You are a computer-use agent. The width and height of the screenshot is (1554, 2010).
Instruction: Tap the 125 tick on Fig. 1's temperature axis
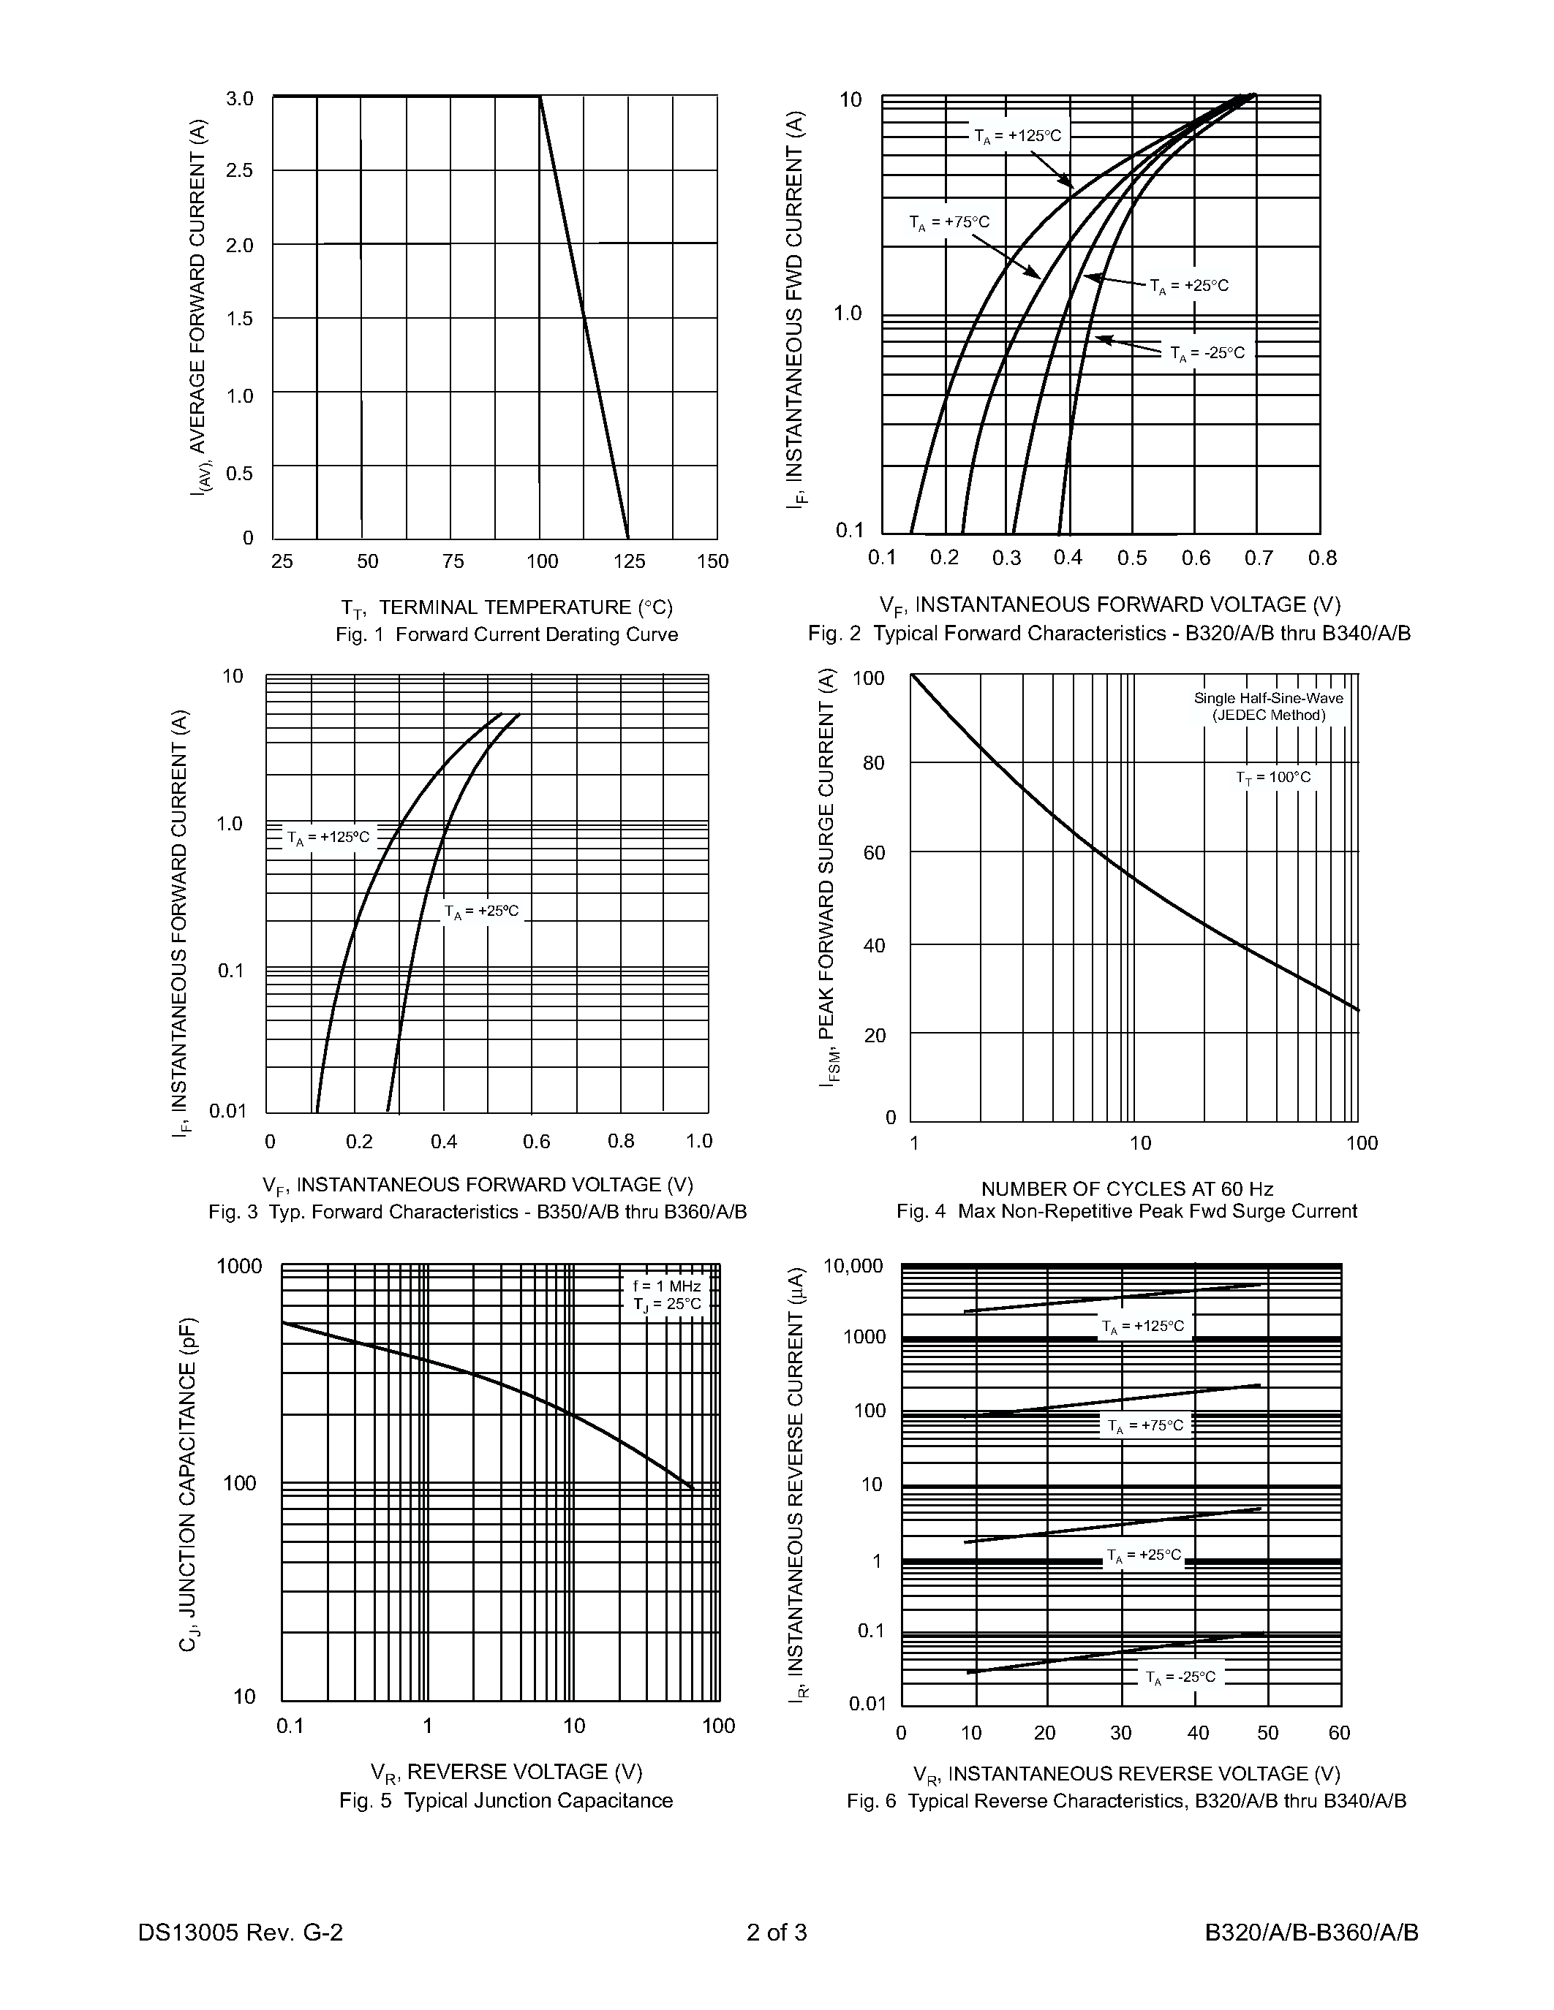629,561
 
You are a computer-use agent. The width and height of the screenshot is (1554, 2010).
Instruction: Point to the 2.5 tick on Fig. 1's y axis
239,171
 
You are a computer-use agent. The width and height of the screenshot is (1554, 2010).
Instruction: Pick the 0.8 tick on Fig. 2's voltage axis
1322,558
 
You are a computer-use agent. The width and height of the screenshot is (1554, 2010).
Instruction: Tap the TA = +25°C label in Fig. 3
481,911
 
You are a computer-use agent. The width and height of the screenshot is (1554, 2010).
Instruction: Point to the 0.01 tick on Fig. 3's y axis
228,1111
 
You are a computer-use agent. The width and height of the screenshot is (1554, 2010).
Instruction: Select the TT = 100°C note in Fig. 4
1273,778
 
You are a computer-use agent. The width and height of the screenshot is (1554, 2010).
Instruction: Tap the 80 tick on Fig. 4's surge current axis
872,763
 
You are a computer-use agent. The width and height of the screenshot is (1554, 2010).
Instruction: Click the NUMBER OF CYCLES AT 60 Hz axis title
1127,1189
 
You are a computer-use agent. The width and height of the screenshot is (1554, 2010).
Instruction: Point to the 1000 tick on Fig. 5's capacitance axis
239,1267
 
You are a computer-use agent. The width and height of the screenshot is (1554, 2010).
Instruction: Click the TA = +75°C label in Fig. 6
1145,1425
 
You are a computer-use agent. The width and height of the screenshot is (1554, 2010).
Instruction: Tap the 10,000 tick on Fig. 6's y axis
853,1267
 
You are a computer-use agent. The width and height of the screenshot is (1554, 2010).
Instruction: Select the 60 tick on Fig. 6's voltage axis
1338,1733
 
